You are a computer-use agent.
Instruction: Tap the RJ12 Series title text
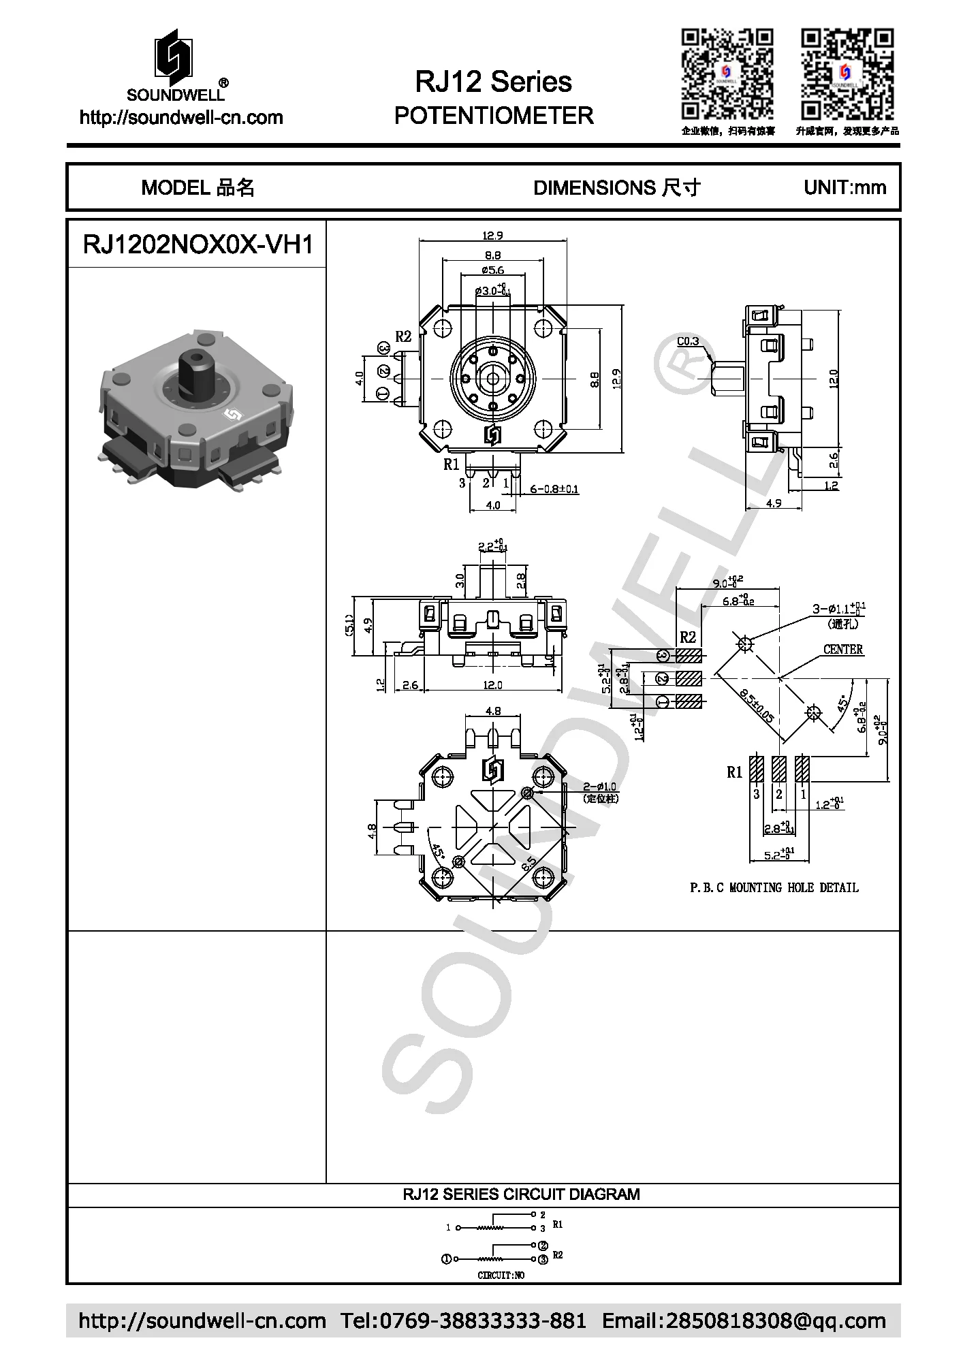[x=493, y=82]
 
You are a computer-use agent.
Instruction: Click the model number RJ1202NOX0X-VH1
[x=198, y=244]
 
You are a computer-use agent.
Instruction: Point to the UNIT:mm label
[x=844, y=187]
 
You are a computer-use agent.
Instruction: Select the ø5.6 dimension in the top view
[x=492, y=270]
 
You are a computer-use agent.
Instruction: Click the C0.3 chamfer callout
[x=688, y=341]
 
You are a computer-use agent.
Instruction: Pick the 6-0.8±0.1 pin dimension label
[x=554, y=489]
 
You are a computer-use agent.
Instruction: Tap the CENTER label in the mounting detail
[x=842, y=649]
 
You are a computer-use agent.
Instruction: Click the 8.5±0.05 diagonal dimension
[x=757, y=706]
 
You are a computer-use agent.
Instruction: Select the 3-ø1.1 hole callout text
[x=838, y=608]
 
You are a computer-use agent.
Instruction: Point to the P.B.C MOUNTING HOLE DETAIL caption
[x=774, y=887]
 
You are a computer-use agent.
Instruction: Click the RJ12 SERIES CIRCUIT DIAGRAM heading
[x=521, y=1194]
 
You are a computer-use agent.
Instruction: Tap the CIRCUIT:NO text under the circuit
[x=501, y=1275]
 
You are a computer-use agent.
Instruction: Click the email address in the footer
[x=744, y=1321]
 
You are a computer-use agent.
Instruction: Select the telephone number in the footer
[x=463, y=1321]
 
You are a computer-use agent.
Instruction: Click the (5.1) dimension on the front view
[x=350, y=624]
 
